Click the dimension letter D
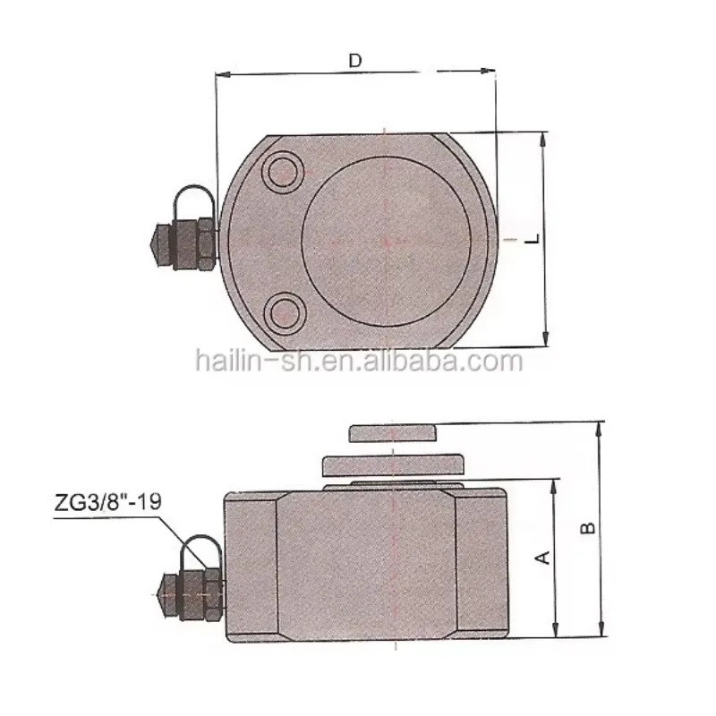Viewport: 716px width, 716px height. (x=355, y=60)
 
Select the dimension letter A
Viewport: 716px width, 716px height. (x=542, y=558)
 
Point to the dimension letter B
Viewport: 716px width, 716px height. (x=588, y=528)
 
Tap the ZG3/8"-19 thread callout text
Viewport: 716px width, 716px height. (x=107, y=502)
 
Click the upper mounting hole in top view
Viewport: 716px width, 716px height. (x=283, y=173)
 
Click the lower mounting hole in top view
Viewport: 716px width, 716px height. (x=284, y=312)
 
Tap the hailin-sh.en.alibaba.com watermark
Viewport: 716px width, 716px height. (x=360, y=362)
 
